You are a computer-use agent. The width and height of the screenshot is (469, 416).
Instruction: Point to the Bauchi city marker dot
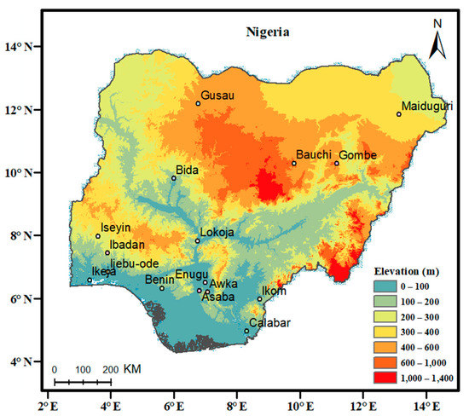294,164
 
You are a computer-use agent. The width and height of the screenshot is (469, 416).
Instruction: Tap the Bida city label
187,170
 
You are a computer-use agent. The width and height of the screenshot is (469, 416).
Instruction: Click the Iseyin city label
117,228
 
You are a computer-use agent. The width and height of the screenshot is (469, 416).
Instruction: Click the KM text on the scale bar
132,370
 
